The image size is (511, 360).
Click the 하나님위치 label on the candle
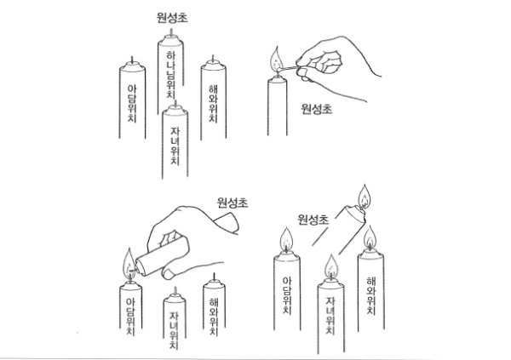(x=171, y=74)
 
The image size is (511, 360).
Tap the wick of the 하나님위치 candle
(x=171, y=32)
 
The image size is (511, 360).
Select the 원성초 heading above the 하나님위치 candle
(x=172, y=18)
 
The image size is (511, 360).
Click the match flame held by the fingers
(x=276, y=59)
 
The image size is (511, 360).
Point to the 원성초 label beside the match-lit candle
(x=317, y=109)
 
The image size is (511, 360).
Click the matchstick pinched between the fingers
(x=288, y=68)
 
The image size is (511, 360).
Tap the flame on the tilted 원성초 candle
(x=364, y=197)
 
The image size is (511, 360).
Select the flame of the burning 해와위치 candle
(x=370, y=238)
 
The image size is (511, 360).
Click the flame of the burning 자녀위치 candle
(x=331, y=267)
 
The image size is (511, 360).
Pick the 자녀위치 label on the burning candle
(x=330, y=315)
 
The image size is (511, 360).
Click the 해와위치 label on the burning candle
(x=370, y=296)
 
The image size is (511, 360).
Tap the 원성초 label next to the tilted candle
(x=313, y=220)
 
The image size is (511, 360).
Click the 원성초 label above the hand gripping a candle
(x=233, y=203)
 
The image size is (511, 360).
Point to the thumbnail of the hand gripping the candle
(x=169, y=274)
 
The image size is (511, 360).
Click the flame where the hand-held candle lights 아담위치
(x=129, y=264)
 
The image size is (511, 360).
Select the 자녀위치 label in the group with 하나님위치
(x=175, y=146)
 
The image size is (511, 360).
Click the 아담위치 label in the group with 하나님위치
(x=132, y=104)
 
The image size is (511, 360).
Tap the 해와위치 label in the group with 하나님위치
(x=213, y=104)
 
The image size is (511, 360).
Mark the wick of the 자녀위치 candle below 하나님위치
(x=175, y=104)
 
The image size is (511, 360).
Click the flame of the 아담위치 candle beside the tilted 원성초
(x=286, y=240)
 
